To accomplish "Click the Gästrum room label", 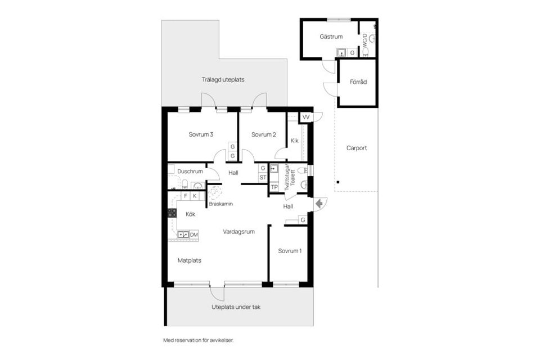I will click(x=331, y=37).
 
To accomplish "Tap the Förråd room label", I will click(x=358, y=82).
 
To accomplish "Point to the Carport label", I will click(x=357, y=148).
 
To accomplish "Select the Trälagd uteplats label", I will click(x=223, y=79).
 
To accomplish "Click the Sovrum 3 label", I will click(x=201, y=134).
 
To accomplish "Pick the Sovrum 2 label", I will click(x=263, y=134).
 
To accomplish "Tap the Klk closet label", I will click(x=294, y=141).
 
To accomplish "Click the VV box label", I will click(x=306, y=117).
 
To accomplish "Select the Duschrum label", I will click(x=190, y=171).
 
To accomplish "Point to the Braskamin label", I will click(x=221, y=204).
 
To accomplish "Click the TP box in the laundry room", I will click(x=274, y=187).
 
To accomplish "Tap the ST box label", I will click(x=263, y=178).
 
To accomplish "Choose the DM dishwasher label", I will click(x=193, y=234).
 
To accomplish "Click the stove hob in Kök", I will click(x=172, y=213).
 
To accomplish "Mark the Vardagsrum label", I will click(x=239, y=231).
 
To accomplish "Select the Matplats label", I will click(x=190, y=260).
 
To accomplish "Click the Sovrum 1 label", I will click(x=290, y=251).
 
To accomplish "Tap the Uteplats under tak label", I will click(x=236, y=307).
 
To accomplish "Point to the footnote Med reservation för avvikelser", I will click(x=198, y=340).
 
